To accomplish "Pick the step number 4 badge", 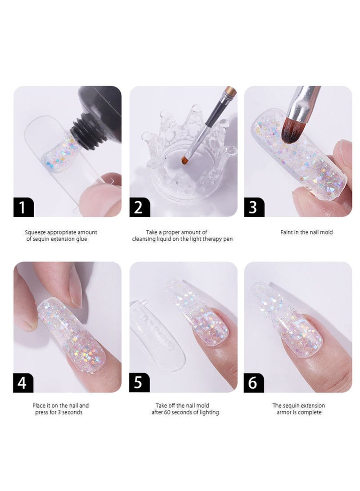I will (x=23, y=382).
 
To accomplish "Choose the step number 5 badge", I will (x=139, y=382).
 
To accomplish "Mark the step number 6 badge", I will (x=254, y=382).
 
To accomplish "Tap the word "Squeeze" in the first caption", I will (x=36, y=232).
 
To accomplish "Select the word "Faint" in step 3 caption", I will (x=287, y=232).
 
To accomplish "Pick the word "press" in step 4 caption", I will (x=43, y=412).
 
